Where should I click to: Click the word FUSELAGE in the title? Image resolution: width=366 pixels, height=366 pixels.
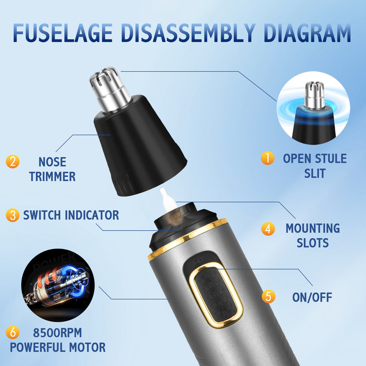[63, 32]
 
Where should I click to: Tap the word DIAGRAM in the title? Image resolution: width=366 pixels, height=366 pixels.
[307, 32]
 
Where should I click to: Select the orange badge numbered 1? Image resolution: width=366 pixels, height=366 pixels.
[268, 158]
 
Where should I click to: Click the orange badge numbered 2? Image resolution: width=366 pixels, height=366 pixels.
[13, 161]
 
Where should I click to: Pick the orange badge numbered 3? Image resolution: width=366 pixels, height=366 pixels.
[13, 215]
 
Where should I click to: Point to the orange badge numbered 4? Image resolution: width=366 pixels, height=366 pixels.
[268, 229]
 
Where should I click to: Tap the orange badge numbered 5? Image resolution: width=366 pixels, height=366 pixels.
[269, 296]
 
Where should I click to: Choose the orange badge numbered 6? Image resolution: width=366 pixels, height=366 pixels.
[13, 333]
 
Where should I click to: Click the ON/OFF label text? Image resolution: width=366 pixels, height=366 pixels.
[312, 297]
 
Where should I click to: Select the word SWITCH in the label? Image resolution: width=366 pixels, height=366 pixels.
[42, 215]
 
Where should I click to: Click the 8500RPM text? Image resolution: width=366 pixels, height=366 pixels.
[58, 333]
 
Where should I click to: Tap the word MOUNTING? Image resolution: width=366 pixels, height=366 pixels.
[313, 228]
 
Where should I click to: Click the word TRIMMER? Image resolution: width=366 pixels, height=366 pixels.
[52, 177]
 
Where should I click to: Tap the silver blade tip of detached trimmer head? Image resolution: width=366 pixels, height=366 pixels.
[110, 89]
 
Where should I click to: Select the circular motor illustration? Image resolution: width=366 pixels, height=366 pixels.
[58, 285]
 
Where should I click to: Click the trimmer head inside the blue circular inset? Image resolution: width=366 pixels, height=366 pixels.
[315, 112]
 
